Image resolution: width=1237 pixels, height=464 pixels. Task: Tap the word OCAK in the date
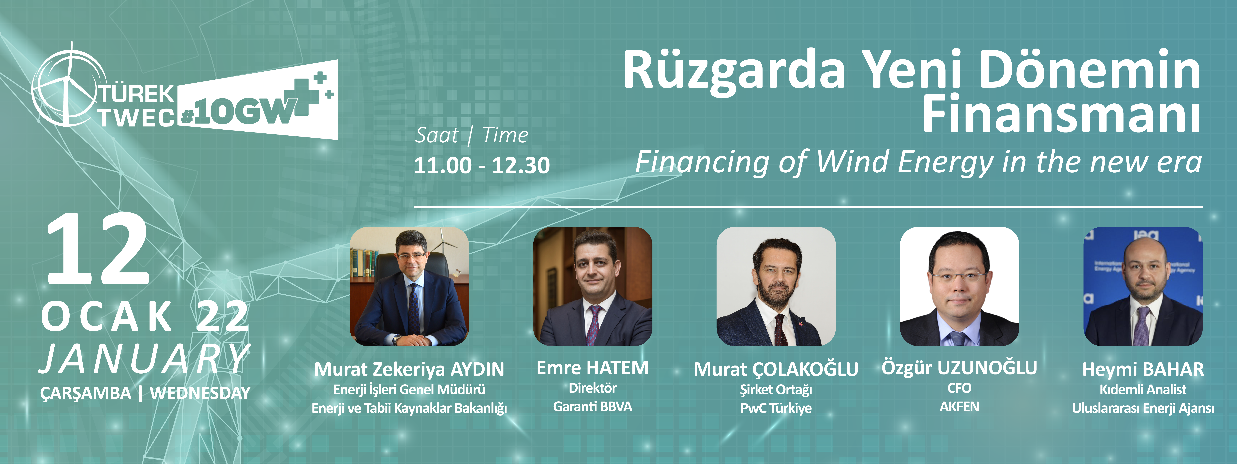pos(107,316)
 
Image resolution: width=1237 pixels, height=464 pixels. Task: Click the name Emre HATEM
pos(593,368)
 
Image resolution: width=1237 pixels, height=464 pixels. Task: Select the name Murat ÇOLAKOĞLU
pos(776,369)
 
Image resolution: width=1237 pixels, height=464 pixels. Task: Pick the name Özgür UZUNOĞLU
pos(959,368)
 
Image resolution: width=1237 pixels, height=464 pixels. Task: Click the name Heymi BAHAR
pos(1143,369)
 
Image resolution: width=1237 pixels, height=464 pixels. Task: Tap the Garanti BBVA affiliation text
pos(593,407)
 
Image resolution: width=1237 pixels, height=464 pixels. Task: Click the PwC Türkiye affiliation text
pos(776,408)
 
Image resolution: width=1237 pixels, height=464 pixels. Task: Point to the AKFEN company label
pos(959,407)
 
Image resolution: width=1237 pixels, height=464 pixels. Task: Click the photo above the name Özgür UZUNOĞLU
pos(959,286)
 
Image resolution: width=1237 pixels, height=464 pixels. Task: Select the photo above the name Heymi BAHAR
pos(1143,286)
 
